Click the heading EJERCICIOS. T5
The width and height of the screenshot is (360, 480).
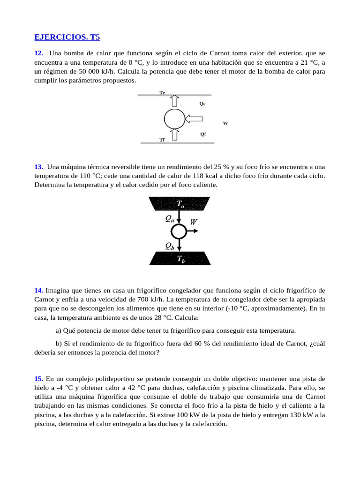click(x=67, y=37)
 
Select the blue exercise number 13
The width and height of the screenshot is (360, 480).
click(x=39, y=167)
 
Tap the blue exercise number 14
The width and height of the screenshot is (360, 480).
click(x=39, y=291)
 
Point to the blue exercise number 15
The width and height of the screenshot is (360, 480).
click(x=39, y=379)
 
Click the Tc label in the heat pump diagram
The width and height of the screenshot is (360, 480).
click(x=162, y=93)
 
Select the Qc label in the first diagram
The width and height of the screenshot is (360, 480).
click(x=202, y=104)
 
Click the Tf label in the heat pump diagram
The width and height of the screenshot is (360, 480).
click(x=162, y=140)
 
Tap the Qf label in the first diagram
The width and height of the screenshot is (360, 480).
click(x=203, y=134)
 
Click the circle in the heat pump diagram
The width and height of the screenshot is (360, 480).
click(x=174, y=119)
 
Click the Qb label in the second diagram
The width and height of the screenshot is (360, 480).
click(x=170, y=245)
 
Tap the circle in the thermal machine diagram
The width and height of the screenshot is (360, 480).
click(x=179, y=231)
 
